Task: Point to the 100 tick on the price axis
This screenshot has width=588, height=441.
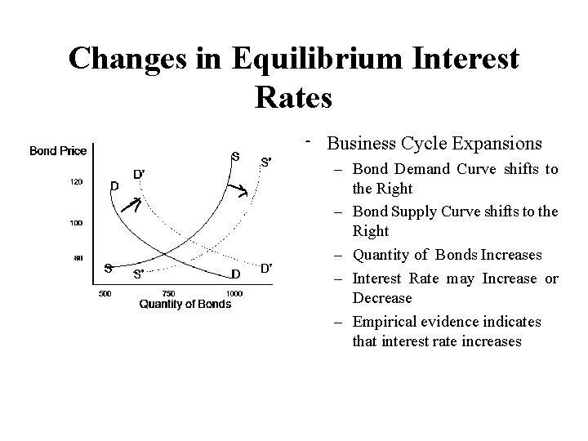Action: [75, 221]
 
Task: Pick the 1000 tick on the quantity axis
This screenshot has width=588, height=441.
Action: [234, 292]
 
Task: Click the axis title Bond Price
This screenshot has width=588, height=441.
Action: [58, 150]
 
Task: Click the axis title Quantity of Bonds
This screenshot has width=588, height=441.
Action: [185, 305]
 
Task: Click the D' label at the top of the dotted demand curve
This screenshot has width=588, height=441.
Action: [140, 173]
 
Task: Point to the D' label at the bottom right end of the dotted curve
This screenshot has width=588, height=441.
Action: [266, 267]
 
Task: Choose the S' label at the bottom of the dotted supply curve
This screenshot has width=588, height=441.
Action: [140, 274]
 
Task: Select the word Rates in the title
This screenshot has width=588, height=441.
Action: [293, 97]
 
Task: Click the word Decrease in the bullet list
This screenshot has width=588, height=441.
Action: [382, 298]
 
